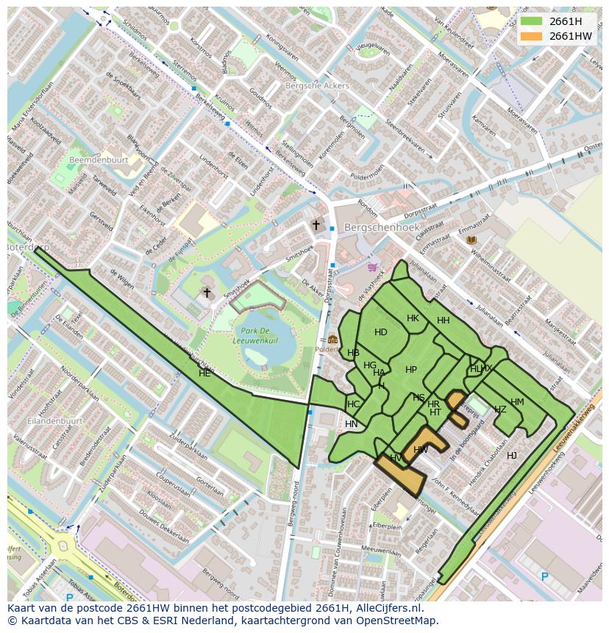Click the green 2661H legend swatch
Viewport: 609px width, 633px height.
pos(531,21)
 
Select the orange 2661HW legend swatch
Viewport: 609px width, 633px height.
pos(531,36)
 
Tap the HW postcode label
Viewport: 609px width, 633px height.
pos(421,450)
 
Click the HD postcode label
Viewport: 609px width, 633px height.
pos(380,332)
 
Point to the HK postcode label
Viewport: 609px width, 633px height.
pos(413,318)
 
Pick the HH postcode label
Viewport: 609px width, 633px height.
pos(443,321)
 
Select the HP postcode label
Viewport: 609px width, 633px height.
pos(411,370)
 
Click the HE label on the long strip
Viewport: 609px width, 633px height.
pos(204,373)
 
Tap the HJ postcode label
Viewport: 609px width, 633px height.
pos(511,456)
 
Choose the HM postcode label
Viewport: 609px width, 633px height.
pos(517,402)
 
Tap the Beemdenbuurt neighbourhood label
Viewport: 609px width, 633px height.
pos(99,160)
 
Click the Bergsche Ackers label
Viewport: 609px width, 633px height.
pos(316,86)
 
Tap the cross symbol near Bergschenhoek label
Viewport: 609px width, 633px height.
pos(316,226)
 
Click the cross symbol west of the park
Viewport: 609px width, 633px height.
pos(207,293)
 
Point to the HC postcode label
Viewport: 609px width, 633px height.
pos(354,404)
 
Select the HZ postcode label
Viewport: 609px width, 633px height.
pos(500,410)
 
